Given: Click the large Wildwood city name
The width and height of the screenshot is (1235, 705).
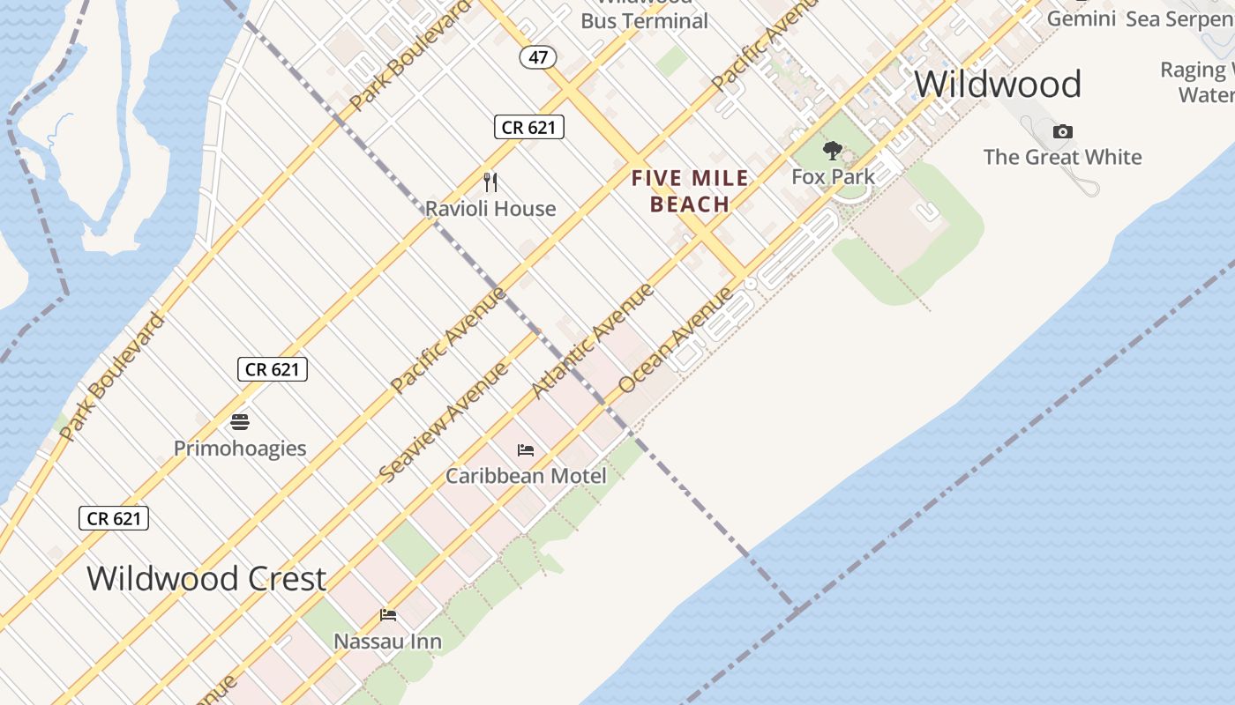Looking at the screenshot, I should [x=997, y=85].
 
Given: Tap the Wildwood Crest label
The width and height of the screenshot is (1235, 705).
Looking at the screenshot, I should [x=206, y=579].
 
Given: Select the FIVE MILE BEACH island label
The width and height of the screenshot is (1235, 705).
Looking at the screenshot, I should [x=690, y=191].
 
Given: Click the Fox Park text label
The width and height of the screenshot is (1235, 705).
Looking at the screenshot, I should [x=833, y=176].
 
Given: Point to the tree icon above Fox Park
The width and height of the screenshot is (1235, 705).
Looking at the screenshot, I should [x=832, y=151].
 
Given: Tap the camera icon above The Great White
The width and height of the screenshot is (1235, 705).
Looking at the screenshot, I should [x=1062, y=132].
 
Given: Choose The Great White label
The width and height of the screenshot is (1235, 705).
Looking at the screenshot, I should [x=1062, y=157].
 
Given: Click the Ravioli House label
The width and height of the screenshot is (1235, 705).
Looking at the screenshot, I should [x=490, y=209].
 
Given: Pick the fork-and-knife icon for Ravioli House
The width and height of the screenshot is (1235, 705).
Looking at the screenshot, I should [x=490, y=182].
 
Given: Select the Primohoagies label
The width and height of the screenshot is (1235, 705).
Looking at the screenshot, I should [x=240, y=448].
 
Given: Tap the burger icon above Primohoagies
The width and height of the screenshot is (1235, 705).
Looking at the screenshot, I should [x=240, y=422].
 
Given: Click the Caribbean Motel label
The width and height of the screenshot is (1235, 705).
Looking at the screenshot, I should [x=526, y=476].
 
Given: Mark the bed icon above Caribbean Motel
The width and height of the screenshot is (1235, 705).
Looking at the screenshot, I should [x=526, y=450].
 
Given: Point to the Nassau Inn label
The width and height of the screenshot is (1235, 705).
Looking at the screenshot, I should [x=387, y=641].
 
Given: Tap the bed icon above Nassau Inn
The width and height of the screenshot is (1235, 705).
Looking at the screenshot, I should [x=388, y=615].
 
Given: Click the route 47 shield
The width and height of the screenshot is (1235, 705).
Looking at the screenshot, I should [x=538, y=58].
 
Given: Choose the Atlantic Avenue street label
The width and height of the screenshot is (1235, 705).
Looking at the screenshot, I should [x=593, y=340].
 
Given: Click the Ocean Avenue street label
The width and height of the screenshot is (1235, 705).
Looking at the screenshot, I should [x=676, y=339].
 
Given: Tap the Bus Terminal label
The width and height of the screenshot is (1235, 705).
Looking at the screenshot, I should [x=644, y=20].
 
